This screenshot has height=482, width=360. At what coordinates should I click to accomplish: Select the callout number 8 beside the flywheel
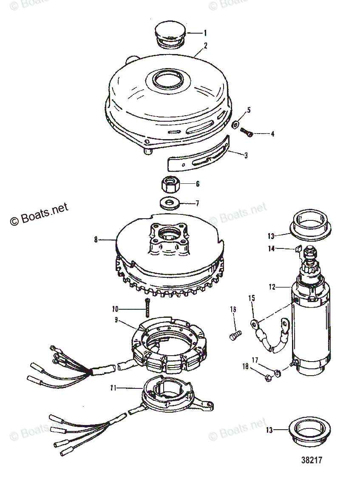96,240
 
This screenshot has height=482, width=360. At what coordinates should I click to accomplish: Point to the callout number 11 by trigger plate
111,388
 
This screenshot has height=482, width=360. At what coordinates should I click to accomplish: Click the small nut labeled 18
269,377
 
